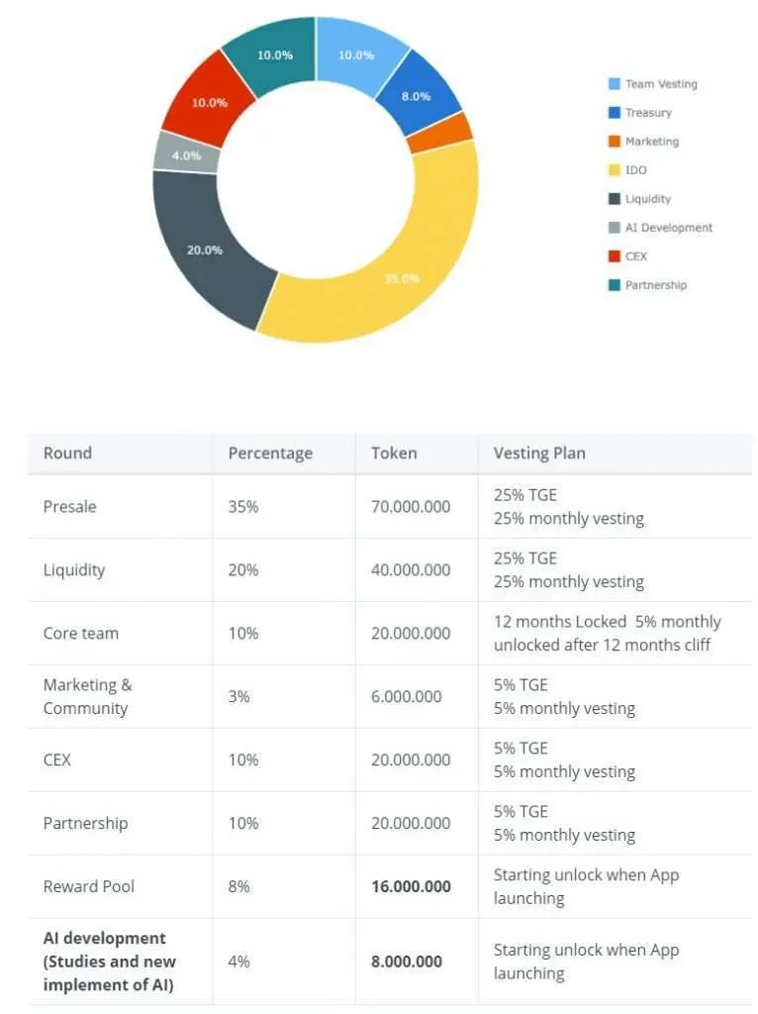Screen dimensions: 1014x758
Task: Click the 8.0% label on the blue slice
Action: pyautogui.click(x=415, y=96)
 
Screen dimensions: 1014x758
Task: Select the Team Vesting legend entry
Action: pyautogui.click(x=660, y=84)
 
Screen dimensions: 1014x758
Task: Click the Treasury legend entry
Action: pyautogui.click(x=647, y=113)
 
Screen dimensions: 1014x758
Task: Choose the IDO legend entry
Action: pyautogui.click(x=635, y=170)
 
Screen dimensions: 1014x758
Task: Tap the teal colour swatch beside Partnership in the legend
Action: pyautogui.click(x=614, y=285)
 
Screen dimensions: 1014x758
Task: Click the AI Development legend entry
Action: pyautogui.click(x=668, y=228)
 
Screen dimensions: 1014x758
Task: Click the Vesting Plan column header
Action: pyautogui.click(x=539, y=454)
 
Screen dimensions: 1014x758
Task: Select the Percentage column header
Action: pyautogui.click(x=270, y=454)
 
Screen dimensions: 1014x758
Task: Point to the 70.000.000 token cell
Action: pyautogui.click(x=411, y=507)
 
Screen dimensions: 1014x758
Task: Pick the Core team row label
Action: pyautogui.click(x=80, y=634)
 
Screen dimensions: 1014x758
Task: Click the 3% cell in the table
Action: pyautogui.click(x=239, y=697)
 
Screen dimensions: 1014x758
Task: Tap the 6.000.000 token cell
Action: pyautogui.click(x=407, y=697)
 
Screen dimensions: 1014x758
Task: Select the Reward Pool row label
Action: pyautogui.click(x=89, y=887)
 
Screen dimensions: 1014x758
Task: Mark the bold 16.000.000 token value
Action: pyautogui.click(x=411, y=887)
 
